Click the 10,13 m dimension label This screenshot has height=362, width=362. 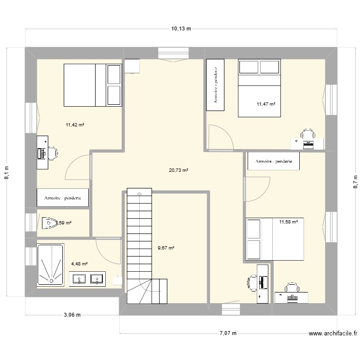[181, 28]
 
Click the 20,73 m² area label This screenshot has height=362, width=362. [179, 170]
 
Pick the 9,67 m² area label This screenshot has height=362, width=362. [166, 248]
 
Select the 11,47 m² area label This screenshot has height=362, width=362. [266, 104]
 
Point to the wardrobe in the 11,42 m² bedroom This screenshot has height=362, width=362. [63, 197]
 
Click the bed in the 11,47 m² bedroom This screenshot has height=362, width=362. [259, 88]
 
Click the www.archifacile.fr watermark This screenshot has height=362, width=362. [333, 333]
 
